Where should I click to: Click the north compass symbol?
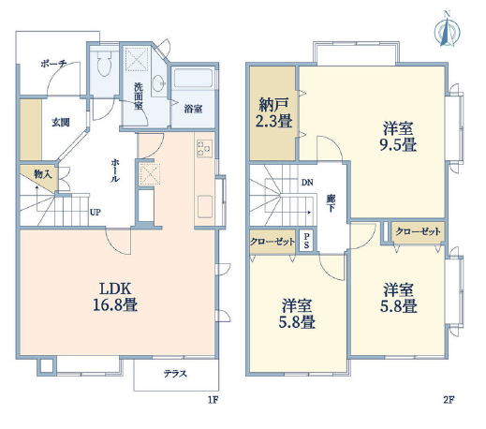pyautogui.click(x=448, y=30)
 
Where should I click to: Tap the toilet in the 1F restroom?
pyautogui.click(x=104, y=64)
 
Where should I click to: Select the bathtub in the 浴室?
pyautogui.click(x=193, y=78)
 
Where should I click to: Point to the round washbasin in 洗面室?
pyautogui.click(x=158, y=82)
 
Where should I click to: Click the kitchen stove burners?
pyautogui.click(x=204, y=148)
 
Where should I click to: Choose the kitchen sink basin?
pyautogui.click(x=205, y=206)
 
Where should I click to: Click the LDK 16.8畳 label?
pyautogui.click(x=115, y=297)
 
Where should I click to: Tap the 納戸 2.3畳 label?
pyautogui.click(x=273, y=113)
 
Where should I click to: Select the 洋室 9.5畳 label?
pyautogui.click(x=398, y=137)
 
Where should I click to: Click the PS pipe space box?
pyautogui.click(x=306, y=241)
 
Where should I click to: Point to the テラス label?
pyautogui.click(x=175, y=374)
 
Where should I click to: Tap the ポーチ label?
pyautogui.click(x=53, y=64)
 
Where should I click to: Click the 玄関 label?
pyautogui.click(x=61, y=123)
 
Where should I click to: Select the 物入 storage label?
pyautogui.click(x=43, y=174)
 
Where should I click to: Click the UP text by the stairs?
pyautogui.click(x=96, y=213)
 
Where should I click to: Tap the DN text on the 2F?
pyautogui.click(x=307, y=183)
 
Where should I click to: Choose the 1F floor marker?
pyautogui.click(x=213, y=400)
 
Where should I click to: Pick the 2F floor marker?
pyautogui.click(x=449, y=400)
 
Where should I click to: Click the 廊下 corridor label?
pyautogui.click(x=331, y=203)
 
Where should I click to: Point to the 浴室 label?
pyautogui.click(x=193, y=109)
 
